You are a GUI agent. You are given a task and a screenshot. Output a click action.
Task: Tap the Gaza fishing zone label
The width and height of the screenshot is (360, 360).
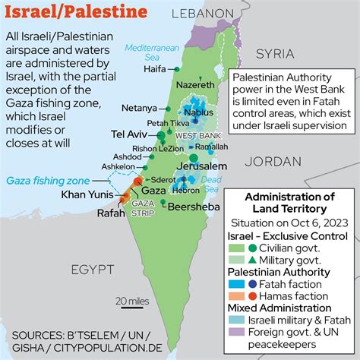47,181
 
